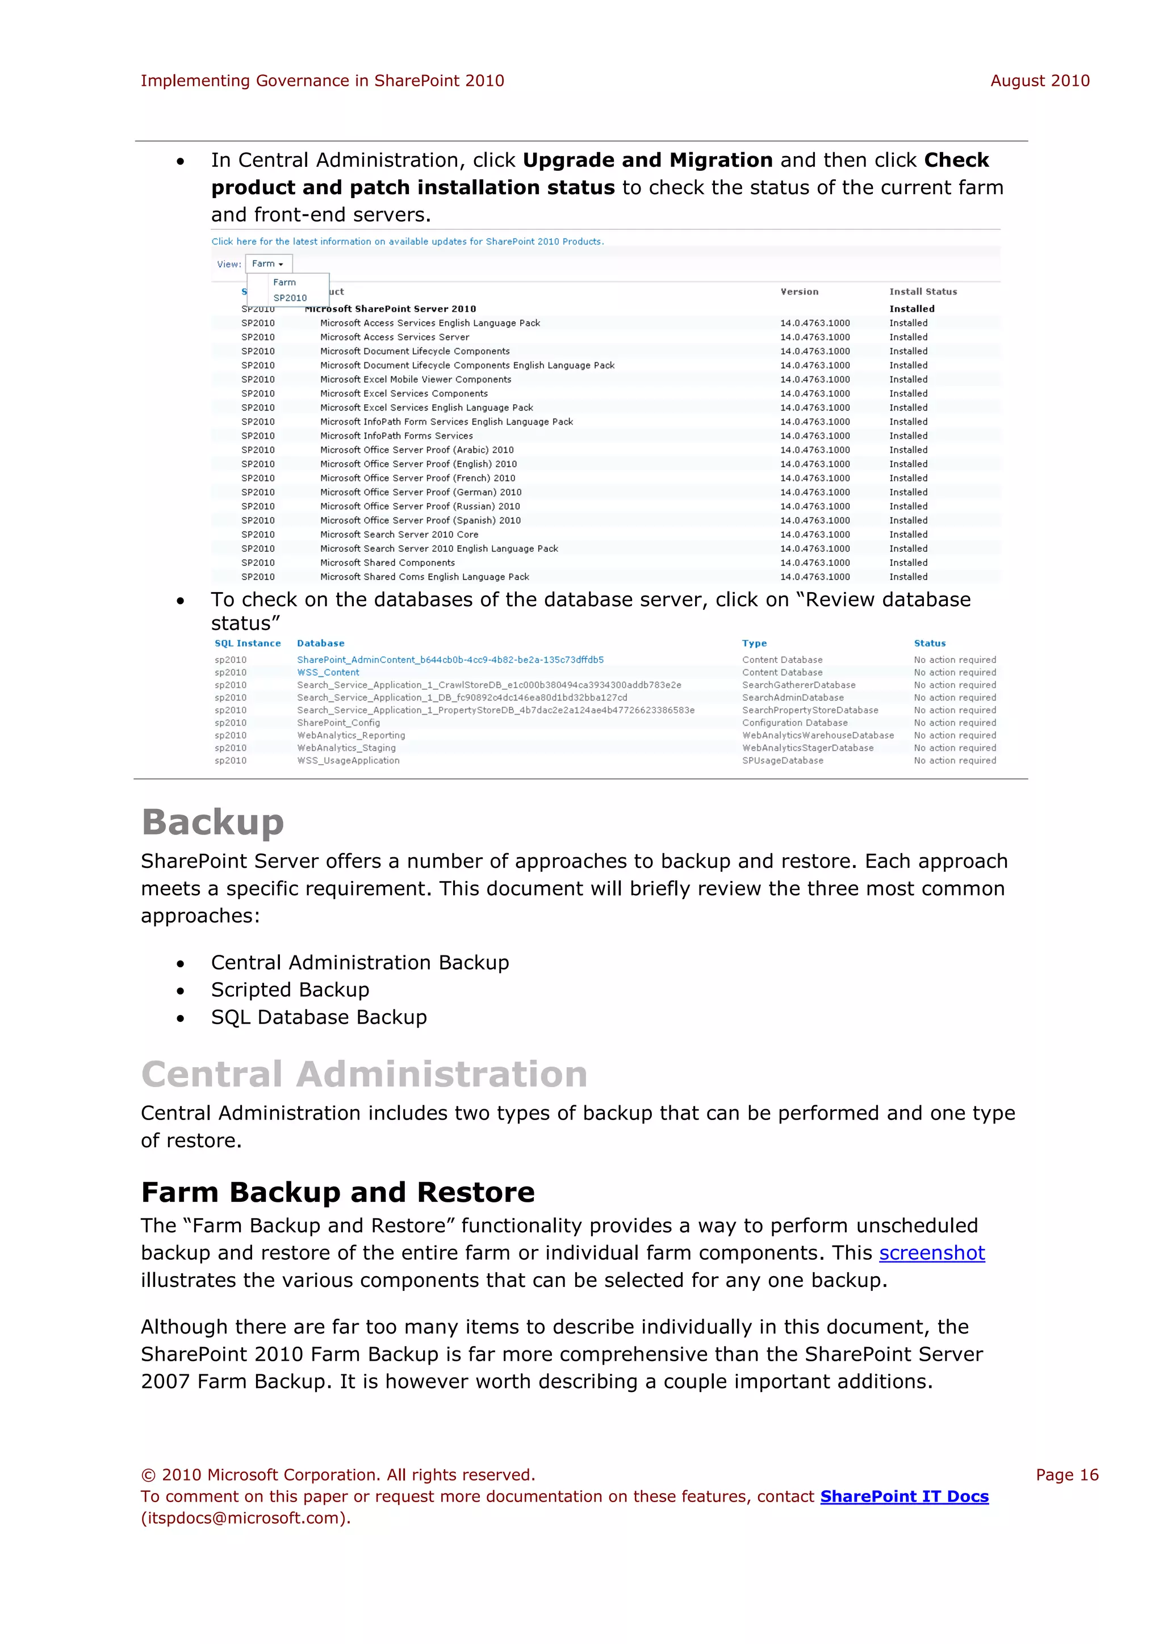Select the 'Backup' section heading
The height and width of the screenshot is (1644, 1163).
(x=213, y=822)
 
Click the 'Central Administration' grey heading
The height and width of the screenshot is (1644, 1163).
(x=364, y=1074)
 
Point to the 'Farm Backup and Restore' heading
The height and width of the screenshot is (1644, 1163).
(x=337, y=1192)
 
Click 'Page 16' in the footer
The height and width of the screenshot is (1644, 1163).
(x=1066, y=1475)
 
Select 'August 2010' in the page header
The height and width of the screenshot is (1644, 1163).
(x=1039, y=81)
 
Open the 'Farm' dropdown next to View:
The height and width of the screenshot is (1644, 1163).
(x=268, y=263)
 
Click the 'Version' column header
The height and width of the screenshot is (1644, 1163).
(x=799, y=291)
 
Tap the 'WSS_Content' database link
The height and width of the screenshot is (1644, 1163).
(x=328, y=672)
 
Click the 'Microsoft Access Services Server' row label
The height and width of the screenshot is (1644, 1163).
(x=395, y=337)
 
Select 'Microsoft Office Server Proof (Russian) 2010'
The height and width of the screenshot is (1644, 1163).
(x=420, y=506)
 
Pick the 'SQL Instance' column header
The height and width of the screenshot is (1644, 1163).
(x=247, y=643)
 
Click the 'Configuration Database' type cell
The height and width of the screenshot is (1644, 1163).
(x=794, y=723)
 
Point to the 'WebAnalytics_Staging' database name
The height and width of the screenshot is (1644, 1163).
(x=346, y=748)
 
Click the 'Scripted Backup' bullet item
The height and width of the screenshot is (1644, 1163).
(x=290, y=989)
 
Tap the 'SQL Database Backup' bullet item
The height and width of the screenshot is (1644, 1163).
(x=319, y=1017)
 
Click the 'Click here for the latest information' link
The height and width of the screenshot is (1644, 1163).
(x=407, y=241)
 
